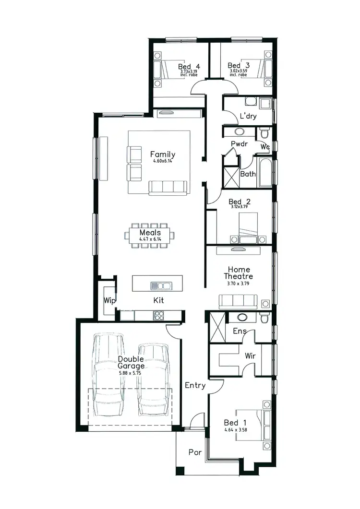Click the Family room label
pos(163,154)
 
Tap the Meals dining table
pos(150,235)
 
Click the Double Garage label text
pos(131,362)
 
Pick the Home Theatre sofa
pos(238,301)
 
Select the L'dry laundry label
pos(248,116)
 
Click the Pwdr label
pos(239,143)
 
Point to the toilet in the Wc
pos(264,132)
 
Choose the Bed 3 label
pos(239,65)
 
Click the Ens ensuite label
pos(240,331)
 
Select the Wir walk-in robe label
pos(251,356)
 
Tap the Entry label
pos(195,385)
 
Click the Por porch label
pos(194,452)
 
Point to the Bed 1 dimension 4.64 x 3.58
pos(235,430)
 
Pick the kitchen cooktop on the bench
pos(158,315)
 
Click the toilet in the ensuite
pos(263,318)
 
